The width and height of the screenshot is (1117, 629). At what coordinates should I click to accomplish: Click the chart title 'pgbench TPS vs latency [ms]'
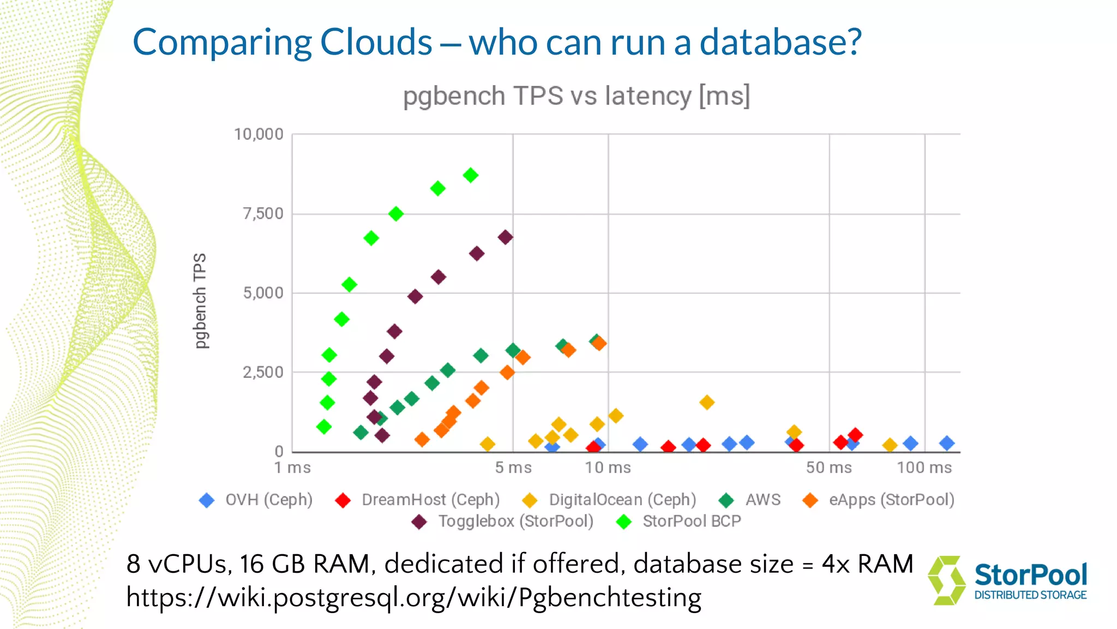[576, 96]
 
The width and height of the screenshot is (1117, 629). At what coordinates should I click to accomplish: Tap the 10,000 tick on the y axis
[259, 134]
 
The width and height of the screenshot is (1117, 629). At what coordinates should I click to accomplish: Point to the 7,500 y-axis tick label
[263, 213]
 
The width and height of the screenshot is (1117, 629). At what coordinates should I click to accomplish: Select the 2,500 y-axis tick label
[263, 372]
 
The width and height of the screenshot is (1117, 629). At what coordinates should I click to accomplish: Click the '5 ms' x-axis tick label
[513, 467]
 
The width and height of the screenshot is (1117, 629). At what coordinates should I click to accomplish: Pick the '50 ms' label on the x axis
[828, 467]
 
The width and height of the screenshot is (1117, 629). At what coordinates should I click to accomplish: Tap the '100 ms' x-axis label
[924, 467]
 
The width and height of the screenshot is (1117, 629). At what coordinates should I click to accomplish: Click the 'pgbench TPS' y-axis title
[201, 300]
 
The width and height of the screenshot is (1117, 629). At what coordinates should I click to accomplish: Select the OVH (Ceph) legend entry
[256, 500]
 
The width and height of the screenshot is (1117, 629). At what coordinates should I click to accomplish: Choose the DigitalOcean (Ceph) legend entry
[610, 500]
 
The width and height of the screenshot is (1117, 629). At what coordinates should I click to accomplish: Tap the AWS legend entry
[750, 500]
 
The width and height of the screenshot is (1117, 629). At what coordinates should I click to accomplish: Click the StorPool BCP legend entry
[678, 521]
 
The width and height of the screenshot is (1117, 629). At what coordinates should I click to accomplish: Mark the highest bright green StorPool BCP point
[471, 175]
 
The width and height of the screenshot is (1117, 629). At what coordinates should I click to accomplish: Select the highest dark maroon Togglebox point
[506, 237]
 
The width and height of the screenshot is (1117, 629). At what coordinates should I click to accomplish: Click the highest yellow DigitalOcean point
[707, 402]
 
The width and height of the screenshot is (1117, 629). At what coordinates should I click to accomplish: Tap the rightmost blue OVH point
[947, 443]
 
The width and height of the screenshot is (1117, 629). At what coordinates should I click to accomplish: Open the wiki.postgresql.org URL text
[413, 597]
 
